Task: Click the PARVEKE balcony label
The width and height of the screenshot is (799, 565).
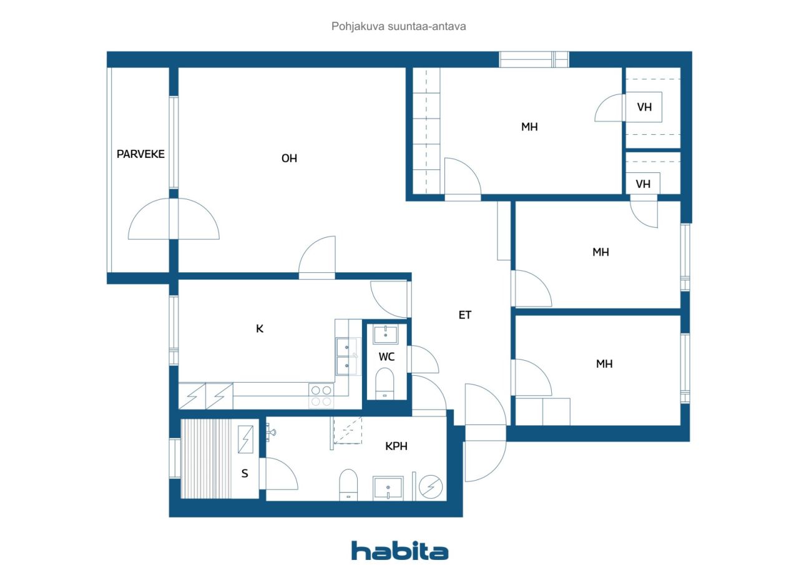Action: point(140,154)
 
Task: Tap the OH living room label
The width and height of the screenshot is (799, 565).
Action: point(289,158)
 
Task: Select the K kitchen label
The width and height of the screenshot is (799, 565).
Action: point(260,328)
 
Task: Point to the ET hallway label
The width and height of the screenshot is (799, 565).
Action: point(465,315)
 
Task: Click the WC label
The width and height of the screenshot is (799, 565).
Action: point(386,356)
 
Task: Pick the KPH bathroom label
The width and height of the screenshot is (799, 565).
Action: point(396,446)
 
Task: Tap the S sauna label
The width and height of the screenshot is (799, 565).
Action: point(245,473)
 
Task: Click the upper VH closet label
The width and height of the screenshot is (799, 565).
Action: point(644,107)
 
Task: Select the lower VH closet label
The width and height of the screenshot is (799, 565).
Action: point(643,184)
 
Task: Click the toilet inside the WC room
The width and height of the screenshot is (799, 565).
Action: point(385,384)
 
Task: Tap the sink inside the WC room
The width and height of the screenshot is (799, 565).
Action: point(385,334)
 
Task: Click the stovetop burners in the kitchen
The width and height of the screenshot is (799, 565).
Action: point(321,396)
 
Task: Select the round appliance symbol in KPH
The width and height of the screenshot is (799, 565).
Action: point(431,486)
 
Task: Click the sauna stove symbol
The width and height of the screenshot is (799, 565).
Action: point(245,440)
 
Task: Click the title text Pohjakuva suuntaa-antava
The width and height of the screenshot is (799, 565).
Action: point(398,26)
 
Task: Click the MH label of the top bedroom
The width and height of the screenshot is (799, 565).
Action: point(529,127)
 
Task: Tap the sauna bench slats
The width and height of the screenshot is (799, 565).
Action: point(206,459)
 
